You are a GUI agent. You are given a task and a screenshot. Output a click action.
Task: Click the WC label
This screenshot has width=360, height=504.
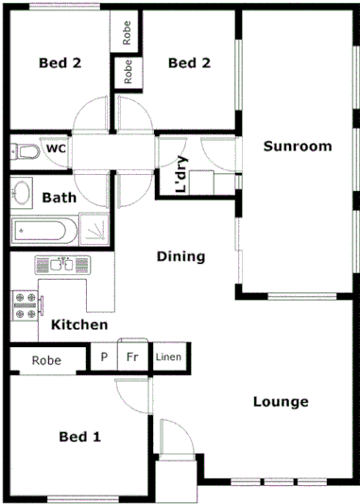[x=56, y=148]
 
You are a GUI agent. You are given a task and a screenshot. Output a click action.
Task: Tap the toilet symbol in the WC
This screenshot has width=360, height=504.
[x=26, y=151]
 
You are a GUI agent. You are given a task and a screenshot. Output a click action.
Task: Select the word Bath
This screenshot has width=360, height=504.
[x=59, y=198]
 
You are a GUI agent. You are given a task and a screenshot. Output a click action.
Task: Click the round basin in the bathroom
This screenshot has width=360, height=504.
[x=23, y=192]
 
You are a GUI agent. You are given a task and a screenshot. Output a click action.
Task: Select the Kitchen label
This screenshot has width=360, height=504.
[x=79, y=324]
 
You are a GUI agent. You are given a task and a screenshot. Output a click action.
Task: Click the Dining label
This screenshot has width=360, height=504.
[x=180, y=256]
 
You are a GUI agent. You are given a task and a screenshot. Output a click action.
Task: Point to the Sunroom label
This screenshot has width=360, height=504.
[x=298, y=147]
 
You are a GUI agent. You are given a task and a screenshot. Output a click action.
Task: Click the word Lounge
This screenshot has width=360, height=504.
[x=281, y=402]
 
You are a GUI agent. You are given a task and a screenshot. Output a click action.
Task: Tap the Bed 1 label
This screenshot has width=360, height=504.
[x=79, y=437]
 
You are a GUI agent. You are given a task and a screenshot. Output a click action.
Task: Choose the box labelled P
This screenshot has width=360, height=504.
[x=103, y=358]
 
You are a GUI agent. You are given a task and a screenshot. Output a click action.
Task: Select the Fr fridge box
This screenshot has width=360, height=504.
[x=132, y=358]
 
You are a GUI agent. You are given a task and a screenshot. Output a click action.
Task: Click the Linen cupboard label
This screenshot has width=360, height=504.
[x=168, y=358]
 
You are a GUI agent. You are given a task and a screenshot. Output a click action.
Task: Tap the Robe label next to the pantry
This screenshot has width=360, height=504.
[x=45, y=360]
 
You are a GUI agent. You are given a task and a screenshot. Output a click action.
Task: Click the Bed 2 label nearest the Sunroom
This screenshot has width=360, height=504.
[x=188, y=63]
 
